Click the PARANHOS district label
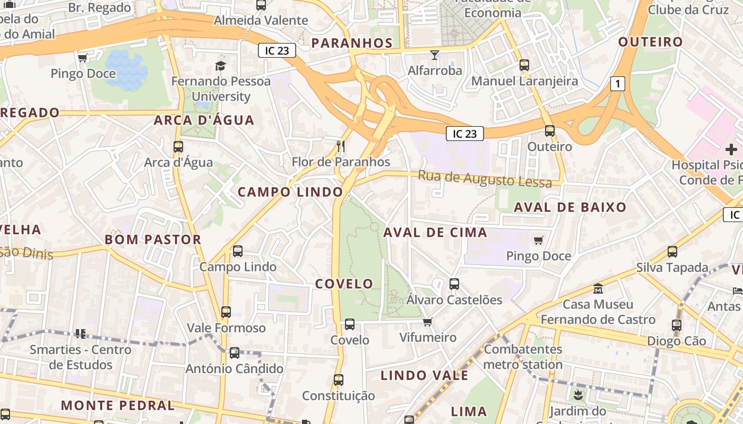(352, 43)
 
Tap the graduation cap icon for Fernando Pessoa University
(220, 66)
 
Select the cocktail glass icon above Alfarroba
(435, 55)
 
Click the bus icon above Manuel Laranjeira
(524, 65)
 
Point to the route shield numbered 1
(617, 84)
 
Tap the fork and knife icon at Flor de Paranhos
(341, 146)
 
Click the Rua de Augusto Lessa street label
(485, 179)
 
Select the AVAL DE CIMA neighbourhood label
(435, 232)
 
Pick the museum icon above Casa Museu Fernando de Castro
(598, 289)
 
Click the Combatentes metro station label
(523, 357)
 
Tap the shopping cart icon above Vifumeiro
(428, 322)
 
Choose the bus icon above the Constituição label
(339, 380)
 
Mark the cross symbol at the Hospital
(731, 150)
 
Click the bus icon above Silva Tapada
(672, 252)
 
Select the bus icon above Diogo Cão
(677, 325)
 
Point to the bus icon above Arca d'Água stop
(178, 147)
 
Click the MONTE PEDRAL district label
(117, 405)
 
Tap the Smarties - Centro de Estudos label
(81, 357)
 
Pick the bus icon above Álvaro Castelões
(454, 284)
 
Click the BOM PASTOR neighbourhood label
(153, 240)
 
